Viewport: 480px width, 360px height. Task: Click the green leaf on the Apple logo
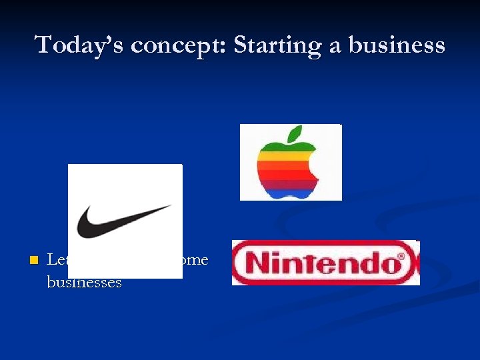coord(293,132)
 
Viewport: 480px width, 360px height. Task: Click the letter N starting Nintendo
coord(257,263)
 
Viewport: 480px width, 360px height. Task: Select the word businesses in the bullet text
coord(84,283)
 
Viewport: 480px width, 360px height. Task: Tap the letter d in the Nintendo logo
coord(363,263)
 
